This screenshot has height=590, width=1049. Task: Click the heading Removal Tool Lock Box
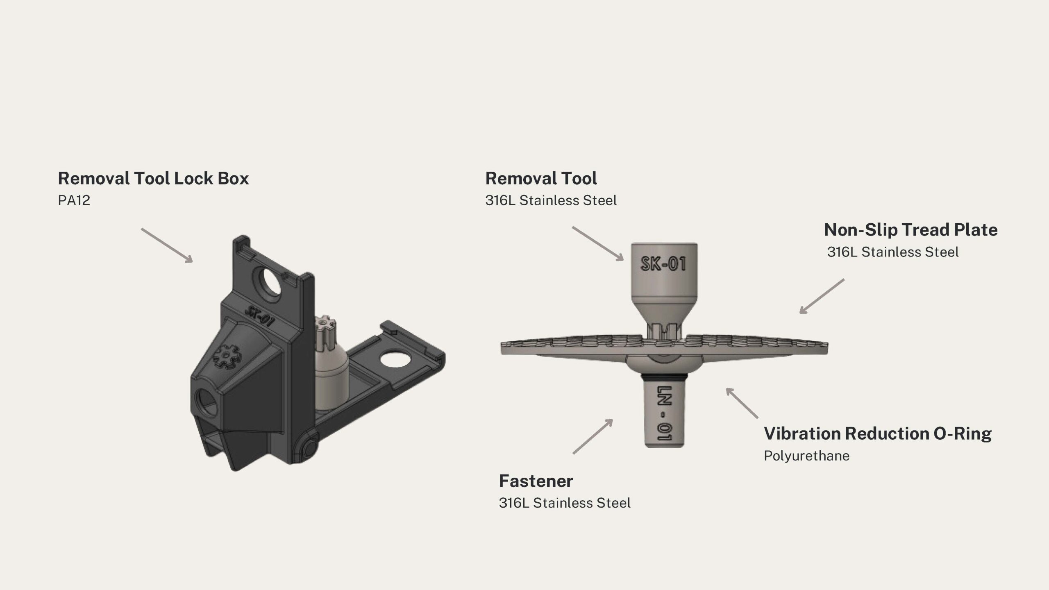(x=153, y=179)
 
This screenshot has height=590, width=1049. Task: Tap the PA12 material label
(x=74, y=200)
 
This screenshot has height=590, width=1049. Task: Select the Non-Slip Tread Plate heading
(x=910, y=230)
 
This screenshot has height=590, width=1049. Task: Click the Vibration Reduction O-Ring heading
(x=878, y=434)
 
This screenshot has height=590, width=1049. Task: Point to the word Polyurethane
(x=806, y=456)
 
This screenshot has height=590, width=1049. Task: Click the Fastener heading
(x=536, y=481)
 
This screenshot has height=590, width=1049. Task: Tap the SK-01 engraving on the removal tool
(x=663, y=263)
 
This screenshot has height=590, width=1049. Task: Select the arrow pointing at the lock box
(x=167, y=245)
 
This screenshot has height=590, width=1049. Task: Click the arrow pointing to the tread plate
(x=822, y=297)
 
